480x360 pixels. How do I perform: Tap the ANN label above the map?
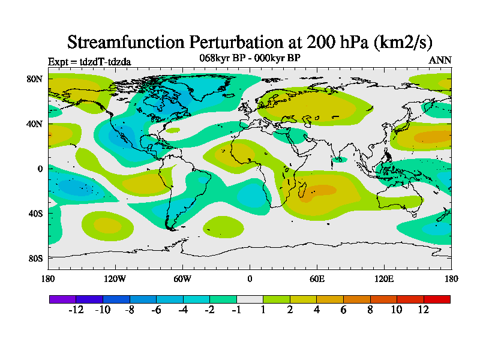coord(440,60)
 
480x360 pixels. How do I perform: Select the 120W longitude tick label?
coord(115,278)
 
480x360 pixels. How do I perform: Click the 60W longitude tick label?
coord(182,278)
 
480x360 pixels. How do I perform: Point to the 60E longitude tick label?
coord(317,278)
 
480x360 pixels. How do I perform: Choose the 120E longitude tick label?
coord(384,278)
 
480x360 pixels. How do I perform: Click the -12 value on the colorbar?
coord(76,310)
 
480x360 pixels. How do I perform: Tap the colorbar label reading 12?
coord(424,310)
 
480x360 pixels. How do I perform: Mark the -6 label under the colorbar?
coord(156,310)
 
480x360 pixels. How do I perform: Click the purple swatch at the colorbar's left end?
coord(62,299)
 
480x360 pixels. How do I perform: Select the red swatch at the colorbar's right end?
coord(437,299)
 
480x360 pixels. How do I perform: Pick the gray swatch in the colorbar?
coord(250,299)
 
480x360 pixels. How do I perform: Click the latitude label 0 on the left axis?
coord(40,169)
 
